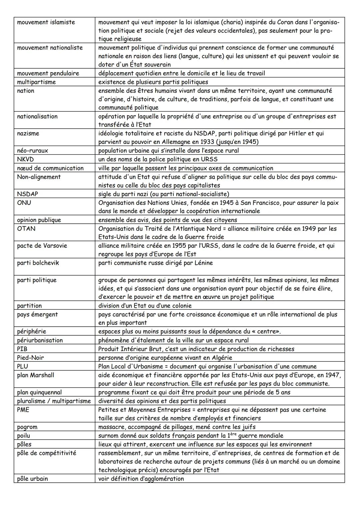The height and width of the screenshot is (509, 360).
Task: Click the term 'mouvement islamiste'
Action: pos(46,22)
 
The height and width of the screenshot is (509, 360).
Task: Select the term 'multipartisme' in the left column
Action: pos(36,82)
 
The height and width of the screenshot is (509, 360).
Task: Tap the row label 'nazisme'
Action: pos(28,133)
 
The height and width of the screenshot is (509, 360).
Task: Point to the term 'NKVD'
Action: pos(25,159)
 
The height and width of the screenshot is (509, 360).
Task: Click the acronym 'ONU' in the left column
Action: pos(24,203)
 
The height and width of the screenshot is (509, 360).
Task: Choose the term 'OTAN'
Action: pos(26,229)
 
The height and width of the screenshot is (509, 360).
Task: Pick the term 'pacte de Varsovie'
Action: pos(42,246)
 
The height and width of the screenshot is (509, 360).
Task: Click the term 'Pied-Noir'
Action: pos(30,358)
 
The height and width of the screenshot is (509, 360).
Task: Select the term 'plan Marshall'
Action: pos(35,375)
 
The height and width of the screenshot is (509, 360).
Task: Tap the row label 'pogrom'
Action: pos(27,427)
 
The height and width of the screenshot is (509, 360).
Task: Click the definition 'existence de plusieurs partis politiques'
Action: pos(153,82)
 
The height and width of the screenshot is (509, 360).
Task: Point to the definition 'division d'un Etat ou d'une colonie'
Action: pos(145,306)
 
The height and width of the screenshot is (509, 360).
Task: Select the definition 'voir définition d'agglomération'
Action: pos(141,479)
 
